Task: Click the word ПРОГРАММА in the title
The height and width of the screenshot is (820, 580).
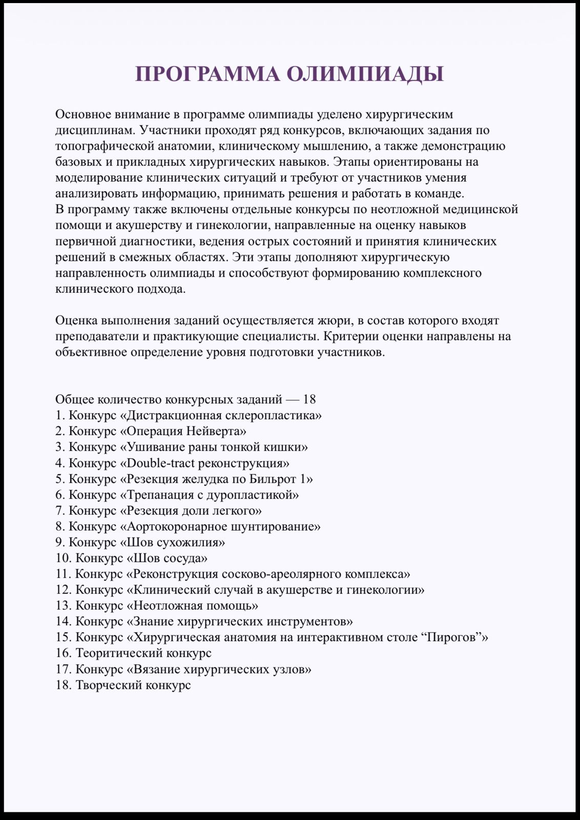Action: [x=208, y=74]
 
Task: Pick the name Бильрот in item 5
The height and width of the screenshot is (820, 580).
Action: [x=273, y=479]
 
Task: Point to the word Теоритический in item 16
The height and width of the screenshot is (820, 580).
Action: [x=114, y=653]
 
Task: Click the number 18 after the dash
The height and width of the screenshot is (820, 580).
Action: [x=309, y=399]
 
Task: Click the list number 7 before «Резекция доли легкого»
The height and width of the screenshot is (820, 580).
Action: [x=59, y=510]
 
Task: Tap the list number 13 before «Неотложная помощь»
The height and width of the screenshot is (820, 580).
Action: [x=63, y=606]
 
